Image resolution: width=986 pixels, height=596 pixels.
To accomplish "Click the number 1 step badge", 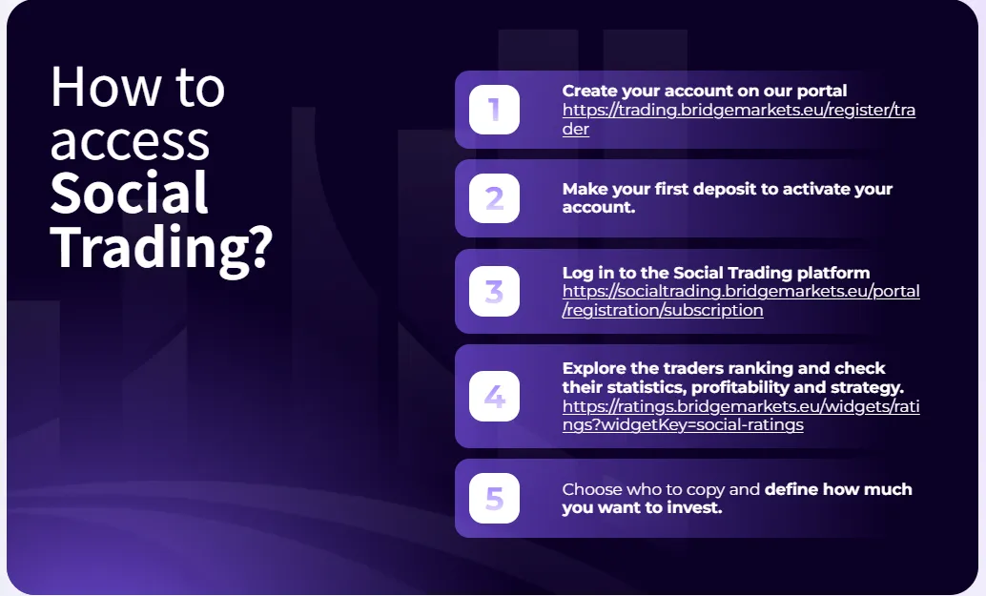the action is [x=494, y=110].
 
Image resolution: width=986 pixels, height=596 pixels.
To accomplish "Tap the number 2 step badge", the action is [x=494, y=198].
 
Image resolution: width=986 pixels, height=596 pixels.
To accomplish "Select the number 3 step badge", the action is [x=494, y=291].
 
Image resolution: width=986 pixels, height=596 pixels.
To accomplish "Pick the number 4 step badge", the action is [x=494, y=396].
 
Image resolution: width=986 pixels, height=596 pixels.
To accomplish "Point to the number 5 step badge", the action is [x=494, y=498].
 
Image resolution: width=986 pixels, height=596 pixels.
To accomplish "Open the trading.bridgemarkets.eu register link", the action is [x=739, y=119].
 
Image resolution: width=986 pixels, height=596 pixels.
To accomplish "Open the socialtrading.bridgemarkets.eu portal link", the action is [x=741, y=300].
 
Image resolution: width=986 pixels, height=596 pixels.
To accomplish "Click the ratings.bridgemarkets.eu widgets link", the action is [x=741, y=415].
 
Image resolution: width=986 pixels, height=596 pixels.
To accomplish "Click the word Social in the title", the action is [x=129, y=193].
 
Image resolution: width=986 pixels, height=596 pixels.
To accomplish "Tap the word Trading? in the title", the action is [x=161, y=248].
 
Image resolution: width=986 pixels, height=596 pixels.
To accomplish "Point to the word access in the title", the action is [x=130, y=142].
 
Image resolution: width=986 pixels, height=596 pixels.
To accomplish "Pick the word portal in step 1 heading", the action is [x=822, y=92].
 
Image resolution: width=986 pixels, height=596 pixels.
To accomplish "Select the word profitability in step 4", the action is [x=740, y=387].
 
